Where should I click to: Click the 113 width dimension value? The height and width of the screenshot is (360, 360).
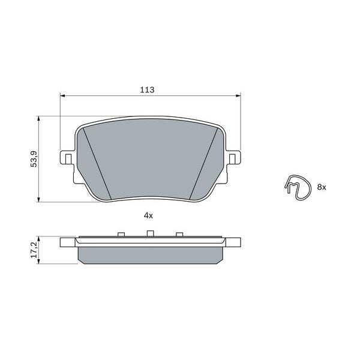point(147,90)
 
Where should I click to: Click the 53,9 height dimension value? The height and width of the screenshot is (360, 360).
point(34,160)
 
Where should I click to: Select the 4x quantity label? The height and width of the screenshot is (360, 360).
point(149,215)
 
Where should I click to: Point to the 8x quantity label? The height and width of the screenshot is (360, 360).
point(321,188)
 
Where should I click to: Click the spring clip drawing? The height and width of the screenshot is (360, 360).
point(298,186)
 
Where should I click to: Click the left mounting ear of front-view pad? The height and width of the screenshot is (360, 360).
point(67,158)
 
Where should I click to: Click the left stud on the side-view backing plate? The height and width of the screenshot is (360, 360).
point(120,234)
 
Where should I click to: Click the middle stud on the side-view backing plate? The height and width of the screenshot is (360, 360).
point(151,233)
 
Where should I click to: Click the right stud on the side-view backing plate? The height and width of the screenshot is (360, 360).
point(178,234)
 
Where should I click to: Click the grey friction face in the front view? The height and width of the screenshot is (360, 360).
point(150,159)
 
